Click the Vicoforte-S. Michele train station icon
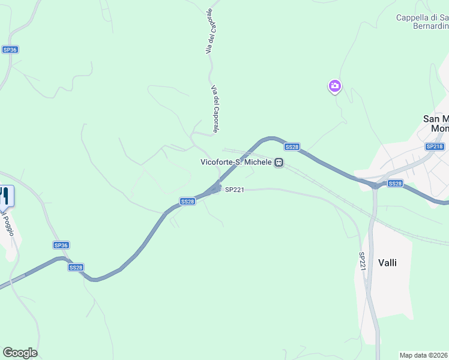[279, 162]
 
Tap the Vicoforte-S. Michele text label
[237, 162]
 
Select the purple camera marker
[334, 86]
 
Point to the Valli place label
[388, 262]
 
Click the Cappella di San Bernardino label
[423, 23]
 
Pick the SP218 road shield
[434, 146]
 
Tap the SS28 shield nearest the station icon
[292, 147]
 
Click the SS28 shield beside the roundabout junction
[187, 202]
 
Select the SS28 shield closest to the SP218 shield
[394, 183]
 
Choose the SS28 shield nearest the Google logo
[76, 267]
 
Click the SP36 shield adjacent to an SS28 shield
[61, 245]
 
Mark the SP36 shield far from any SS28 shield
[9, 50]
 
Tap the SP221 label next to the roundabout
[234, 190]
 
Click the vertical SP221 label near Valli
[363, 260]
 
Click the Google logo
[20, 353]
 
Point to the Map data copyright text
[424, 355]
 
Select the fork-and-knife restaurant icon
[5, 196]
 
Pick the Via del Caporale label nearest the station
[215, 108]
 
